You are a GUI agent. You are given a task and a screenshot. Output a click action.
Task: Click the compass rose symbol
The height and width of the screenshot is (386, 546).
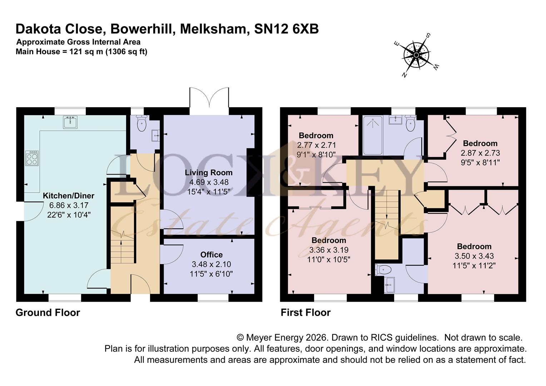coord(416,55)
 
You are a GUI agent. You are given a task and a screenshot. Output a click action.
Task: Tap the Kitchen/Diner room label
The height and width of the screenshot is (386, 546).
coord(69,196)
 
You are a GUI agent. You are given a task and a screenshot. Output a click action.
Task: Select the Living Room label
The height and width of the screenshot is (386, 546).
coord(209,173)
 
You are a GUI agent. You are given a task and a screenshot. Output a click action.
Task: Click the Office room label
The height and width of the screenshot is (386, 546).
coord(211,254)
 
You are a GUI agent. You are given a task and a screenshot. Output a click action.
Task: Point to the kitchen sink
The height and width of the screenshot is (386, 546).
coord(70,122)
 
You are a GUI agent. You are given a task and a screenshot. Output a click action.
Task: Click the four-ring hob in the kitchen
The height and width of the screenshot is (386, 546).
coord(32,158)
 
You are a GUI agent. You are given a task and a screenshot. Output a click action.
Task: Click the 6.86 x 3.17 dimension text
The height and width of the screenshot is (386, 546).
coord(69,205)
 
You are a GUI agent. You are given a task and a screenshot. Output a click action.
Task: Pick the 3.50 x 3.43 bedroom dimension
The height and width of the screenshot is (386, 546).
coord(474,256)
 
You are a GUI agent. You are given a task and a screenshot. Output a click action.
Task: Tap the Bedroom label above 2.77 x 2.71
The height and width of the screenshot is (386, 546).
coord(316,135)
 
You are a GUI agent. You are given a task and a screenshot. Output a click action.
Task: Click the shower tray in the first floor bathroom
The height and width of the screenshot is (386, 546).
coord(373,135)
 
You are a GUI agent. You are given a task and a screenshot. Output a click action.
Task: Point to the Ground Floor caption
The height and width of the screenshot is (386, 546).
coord(48,313)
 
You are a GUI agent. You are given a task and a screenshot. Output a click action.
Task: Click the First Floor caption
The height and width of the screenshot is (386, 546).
coord(306,313)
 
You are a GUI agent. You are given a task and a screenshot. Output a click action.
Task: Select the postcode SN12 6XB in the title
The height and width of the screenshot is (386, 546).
coord(287,29)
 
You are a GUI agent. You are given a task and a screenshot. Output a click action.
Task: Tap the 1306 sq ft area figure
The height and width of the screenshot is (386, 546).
coord(126,52)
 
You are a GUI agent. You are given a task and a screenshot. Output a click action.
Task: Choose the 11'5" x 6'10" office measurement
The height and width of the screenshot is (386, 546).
coord(211,274)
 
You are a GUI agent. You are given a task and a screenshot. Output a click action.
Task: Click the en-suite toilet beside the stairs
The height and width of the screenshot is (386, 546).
coord(383,270)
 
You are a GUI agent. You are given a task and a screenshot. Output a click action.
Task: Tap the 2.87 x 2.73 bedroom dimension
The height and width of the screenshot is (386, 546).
coord(480,153)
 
